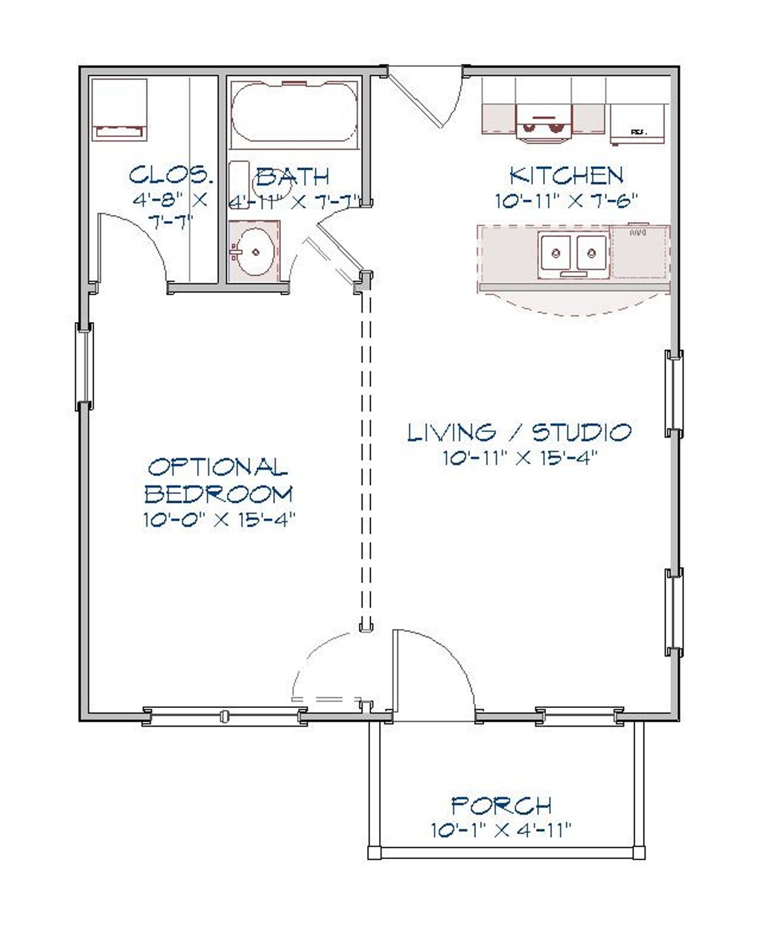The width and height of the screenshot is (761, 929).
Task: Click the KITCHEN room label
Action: [566, 176]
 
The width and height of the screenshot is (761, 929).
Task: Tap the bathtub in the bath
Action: [293, 112]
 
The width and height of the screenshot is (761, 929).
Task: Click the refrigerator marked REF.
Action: [638, 124]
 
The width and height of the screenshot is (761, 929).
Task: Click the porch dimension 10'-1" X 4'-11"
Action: [501, 830]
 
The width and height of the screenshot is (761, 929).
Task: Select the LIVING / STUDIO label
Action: [519, 432]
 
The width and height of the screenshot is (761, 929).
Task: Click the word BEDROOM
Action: [219, 494]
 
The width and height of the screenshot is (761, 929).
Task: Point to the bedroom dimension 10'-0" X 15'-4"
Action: [219, 520]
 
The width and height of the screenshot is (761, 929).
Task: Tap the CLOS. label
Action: [171, 176]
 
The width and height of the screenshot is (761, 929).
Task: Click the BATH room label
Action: [293, 177]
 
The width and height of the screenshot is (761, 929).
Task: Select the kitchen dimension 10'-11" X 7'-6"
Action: [567, 200]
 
